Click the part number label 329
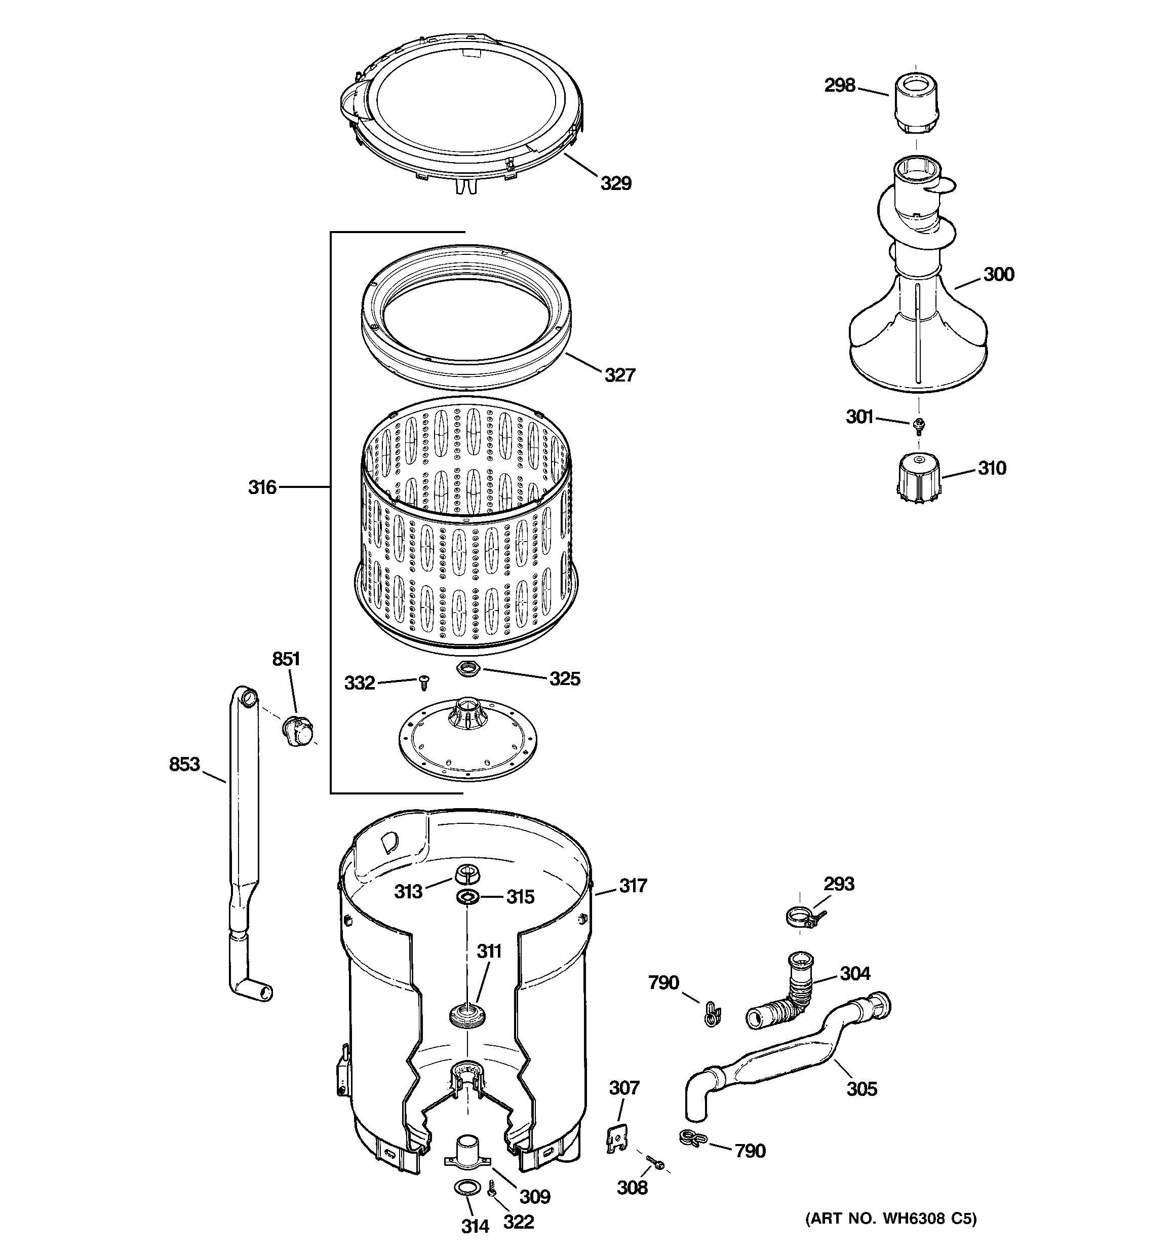(615, 183)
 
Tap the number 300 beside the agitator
(998, 275)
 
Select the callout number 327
(619, 375)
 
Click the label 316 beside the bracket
(262, 487)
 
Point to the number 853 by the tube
(184, 765)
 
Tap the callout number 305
(861, 1089)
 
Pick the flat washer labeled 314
(465, 1189)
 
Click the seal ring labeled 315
(467, 897)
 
